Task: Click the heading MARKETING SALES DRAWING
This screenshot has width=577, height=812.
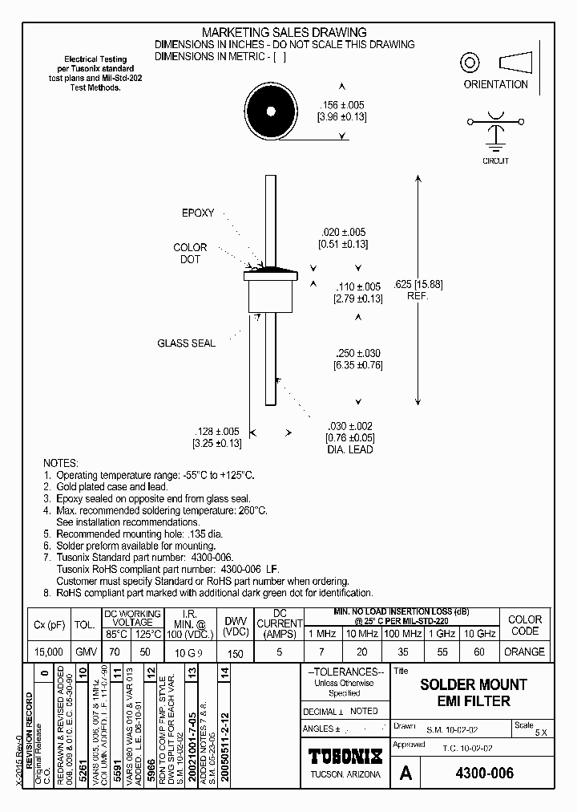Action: [x=285, y=32]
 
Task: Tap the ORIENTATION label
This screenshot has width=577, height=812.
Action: [x=495, y=84]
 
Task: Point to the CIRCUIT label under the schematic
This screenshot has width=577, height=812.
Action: [x=496, y=160]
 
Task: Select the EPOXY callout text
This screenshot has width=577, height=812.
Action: [x=198, y=213]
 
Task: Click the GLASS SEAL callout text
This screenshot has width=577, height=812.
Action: [x=186, y=343]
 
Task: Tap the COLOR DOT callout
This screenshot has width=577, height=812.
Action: [x=190, y=254]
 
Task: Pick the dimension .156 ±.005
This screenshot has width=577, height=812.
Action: [x=342, y=105]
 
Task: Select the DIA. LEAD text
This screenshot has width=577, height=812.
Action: [x=349, y=449]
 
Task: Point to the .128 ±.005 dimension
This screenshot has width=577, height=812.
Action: [x=216, y=431]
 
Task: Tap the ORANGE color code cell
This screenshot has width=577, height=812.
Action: [x=525, y=652]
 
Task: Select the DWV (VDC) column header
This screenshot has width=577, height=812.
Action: [x=235, y=626]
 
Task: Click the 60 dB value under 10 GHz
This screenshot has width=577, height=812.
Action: [x=479, y=652]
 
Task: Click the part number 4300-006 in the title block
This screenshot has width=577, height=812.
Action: [x=484, y=773]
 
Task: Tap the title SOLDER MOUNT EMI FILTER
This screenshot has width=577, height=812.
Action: [x=474, y=692]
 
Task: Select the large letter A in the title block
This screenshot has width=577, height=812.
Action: [x=406, y=773]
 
